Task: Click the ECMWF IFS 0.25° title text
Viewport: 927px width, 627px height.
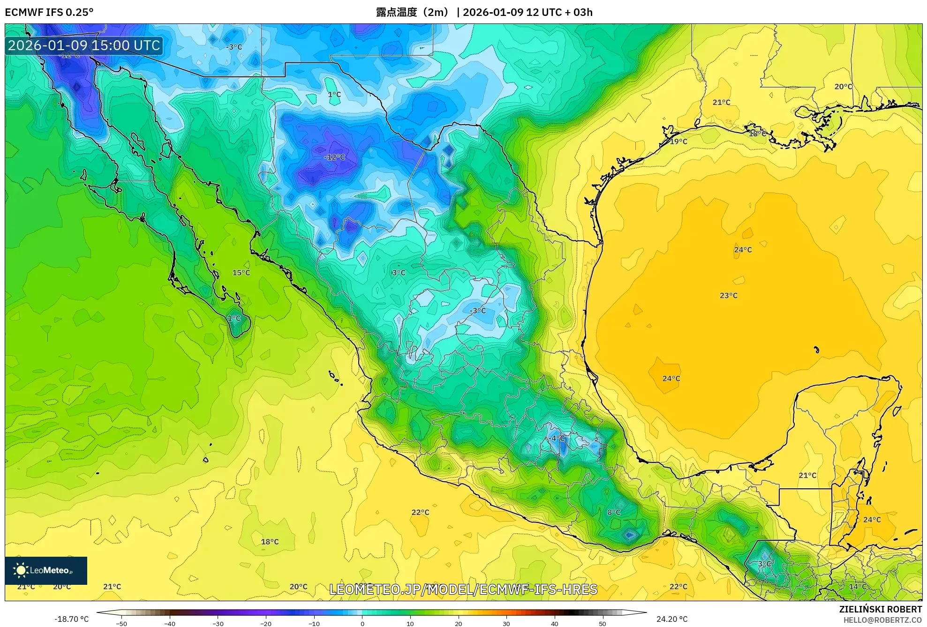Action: tap(49, 12)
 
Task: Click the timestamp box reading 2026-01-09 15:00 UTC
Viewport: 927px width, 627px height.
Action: tap(84, 45)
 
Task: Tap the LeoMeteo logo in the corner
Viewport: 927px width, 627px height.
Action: tap(46, 570)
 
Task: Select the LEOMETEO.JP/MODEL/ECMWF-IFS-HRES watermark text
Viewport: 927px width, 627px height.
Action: tap(463, 589)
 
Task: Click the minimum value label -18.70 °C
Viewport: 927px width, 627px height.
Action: tap(71, 619)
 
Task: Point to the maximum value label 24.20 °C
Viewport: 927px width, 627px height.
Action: tap(672, 619)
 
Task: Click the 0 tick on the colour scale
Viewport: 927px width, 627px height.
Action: tap(362, 623)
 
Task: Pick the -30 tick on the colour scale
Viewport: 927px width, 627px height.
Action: tap(218, 623)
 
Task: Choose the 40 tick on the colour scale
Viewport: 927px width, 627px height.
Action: tap(554, 623)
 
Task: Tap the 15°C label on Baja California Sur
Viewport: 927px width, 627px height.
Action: tap(241, 273)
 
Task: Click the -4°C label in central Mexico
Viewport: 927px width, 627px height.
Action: tap(557, 438)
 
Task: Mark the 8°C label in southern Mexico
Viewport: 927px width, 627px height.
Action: tap(614, 512)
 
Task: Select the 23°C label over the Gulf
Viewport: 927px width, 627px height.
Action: tap(729, 295)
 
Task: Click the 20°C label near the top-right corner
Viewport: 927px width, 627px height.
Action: tap(843, 87)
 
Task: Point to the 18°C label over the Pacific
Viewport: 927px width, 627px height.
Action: tap(270, 542)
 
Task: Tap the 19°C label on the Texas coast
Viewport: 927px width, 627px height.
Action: tap(678, 142)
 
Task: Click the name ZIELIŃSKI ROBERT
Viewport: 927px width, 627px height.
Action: tap(880, 609)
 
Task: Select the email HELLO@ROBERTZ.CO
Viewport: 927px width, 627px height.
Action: tap(882, 620)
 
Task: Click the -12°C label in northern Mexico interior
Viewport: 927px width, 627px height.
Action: tap(334, 157)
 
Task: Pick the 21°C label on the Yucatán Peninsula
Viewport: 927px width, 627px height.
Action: tap(807, 475)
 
